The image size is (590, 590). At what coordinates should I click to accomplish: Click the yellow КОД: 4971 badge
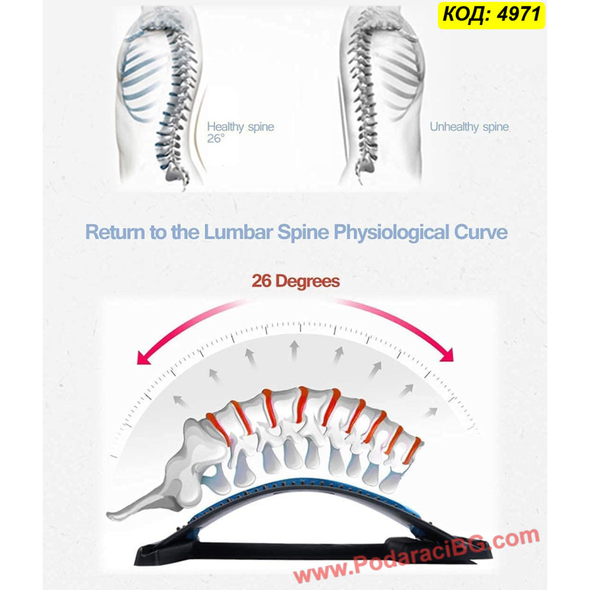491,15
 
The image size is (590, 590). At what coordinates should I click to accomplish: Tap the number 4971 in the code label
519,14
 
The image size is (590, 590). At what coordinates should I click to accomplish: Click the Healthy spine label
240,127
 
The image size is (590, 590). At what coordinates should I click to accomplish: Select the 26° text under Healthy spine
215,139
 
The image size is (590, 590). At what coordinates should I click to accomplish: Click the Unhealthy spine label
469,127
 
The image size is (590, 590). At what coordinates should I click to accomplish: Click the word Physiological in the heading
391,232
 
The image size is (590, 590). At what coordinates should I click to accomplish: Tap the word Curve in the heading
481,232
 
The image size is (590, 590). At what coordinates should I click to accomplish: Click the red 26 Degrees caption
296,282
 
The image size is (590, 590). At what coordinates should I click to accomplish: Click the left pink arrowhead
144,358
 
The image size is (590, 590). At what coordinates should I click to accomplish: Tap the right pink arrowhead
447,354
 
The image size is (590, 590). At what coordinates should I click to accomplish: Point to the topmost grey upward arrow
294,350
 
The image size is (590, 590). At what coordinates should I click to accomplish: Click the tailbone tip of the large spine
109,515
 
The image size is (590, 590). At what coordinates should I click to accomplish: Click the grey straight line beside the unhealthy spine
343,124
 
